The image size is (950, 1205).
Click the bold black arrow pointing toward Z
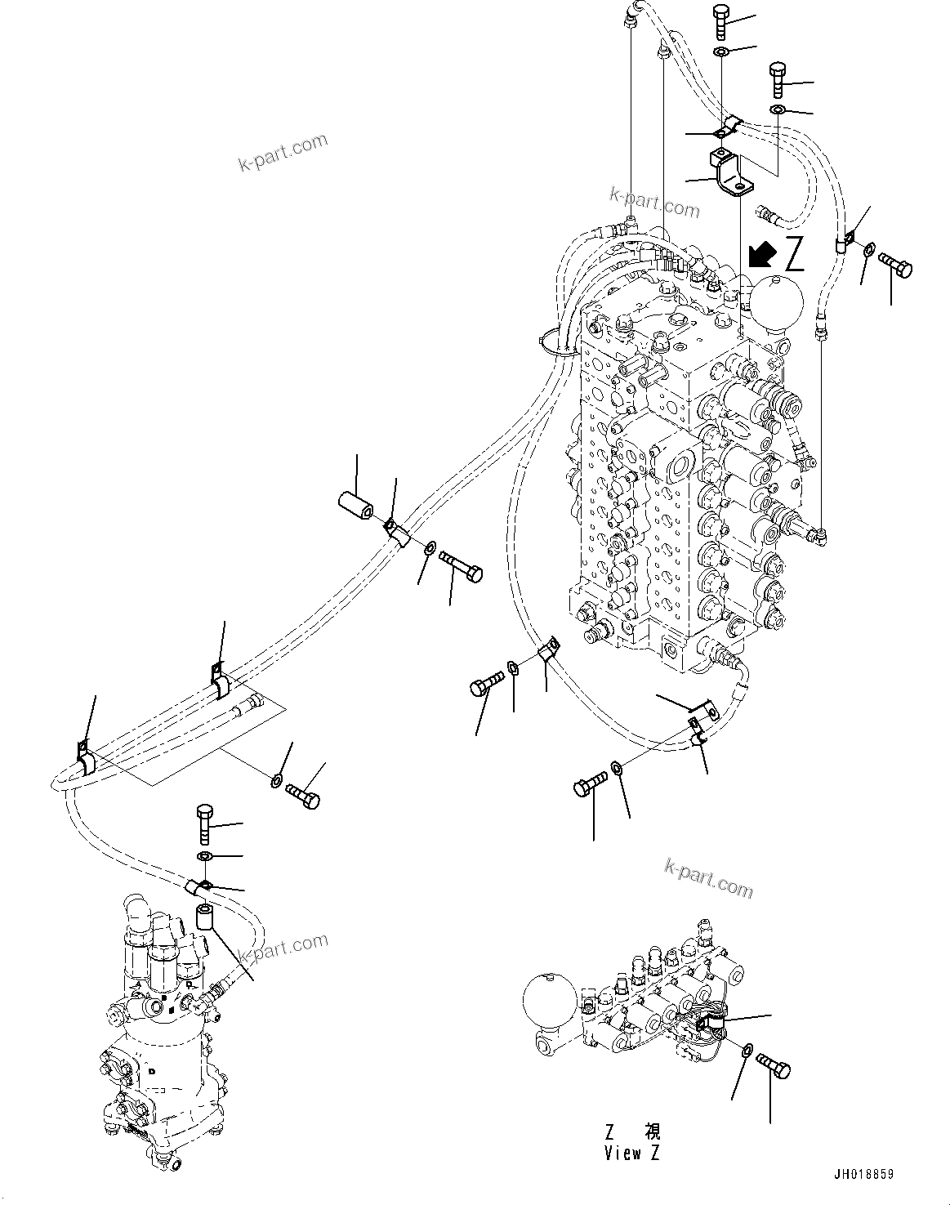pos(760,255)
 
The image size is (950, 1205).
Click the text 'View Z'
pos(633,1153)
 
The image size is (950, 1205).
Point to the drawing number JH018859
pos(863,1174)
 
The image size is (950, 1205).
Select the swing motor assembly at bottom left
pos(163,1029)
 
